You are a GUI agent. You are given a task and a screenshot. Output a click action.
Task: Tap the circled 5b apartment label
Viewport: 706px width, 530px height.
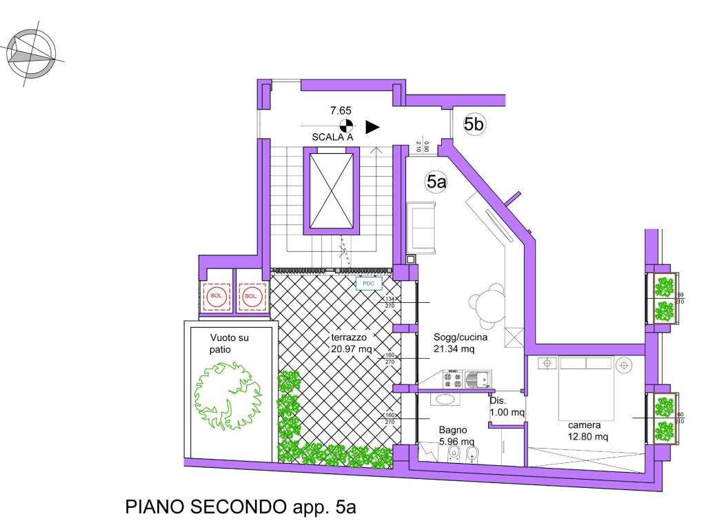point(474,124)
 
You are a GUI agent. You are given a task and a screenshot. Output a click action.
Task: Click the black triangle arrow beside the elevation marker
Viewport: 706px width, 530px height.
point(372,126)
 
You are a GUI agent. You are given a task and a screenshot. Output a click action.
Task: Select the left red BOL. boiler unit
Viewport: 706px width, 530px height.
point(217,297)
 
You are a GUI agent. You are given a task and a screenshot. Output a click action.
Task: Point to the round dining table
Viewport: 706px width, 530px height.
point(485,304)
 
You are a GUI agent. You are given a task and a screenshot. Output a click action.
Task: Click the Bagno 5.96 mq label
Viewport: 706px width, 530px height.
point(456,435)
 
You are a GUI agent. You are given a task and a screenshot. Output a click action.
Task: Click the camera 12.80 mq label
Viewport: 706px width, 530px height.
point(587,431)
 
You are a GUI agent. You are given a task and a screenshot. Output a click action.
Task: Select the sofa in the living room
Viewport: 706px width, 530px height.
point(422,226)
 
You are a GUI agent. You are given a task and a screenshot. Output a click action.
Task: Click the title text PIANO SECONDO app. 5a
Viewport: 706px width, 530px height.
point(240,508)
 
